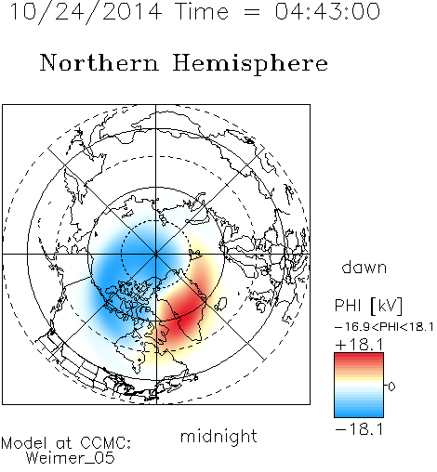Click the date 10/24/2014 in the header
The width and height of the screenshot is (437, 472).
pyautogui.click(x=86, y=12)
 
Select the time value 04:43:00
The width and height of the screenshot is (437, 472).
pyautogui.click(x=327, y=11)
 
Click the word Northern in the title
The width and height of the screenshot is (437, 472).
pyautogui.click(x=99, y=62)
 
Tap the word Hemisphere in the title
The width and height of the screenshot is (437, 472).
pyautogui.click(x=250, y=64)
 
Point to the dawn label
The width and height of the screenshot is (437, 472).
pyautogui.click(x=364, y=267)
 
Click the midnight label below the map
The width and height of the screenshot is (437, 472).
pyautogui.click(x=218, y=436)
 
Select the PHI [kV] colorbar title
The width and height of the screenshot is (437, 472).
pyautogui.click(x=368, y=306)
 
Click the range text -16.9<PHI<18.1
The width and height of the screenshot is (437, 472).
pyautogui.click(x=384, y=327)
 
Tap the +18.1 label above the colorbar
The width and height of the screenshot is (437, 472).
pyautogui.click(x=359, y=344)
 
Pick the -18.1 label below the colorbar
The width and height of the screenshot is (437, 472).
pyautogui.click(x=359, y=429)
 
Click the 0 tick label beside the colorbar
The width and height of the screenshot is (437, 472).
pyautogui.click(x=391, y=387)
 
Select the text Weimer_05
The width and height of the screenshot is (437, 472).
pyautogui.click(x=70, y=457)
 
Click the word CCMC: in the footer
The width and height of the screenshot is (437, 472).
pyautogui.click(x=105, y=443)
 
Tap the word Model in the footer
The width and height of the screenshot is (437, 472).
pyautogui.click(x=24, y=443)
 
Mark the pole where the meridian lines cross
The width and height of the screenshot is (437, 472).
pyautogui.click(x=156, y=254)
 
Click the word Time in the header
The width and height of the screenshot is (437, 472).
pyautogui.click(x=202, y=11)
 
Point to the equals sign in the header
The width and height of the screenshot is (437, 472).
pyautogui.click(x=252, y=12)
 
